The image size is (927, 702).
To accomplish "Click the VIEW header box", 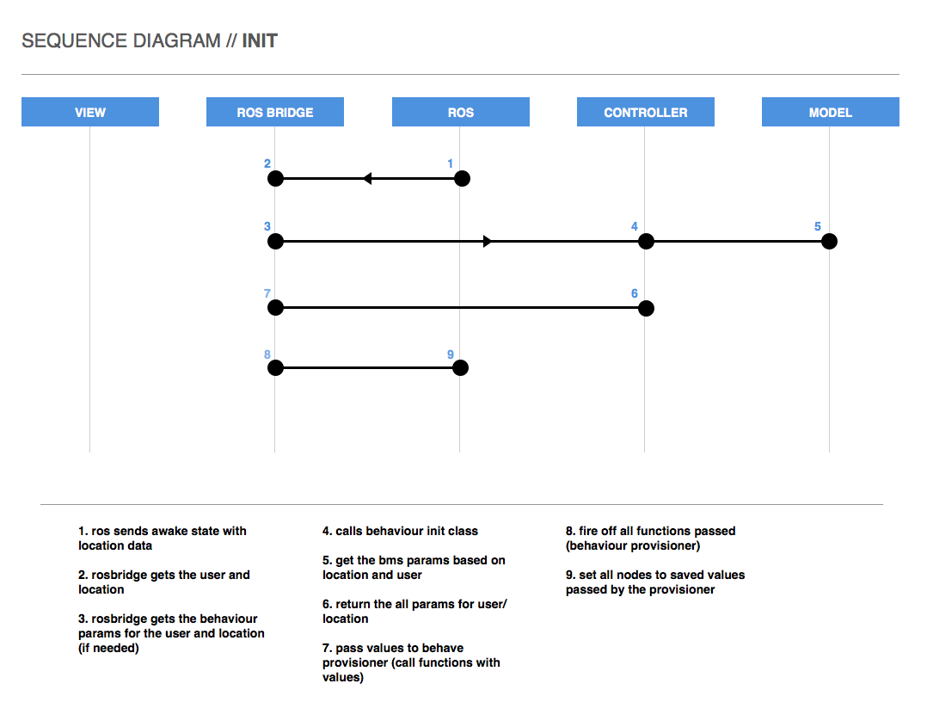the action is (89, 112).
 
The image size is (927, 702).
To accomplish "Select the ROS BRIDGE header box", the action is (275, 112).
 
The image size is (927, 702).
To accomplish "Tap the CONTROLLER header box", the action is (646, 112).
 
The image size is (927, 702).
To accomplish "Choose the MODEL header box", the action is (830, 112).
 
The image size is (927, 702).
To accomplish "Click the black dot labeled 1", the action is (462, 179).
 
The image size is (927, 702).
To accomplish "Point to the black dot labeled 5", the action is (830, 241).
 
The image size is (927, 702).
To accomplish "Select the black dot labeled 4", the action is (646, 241).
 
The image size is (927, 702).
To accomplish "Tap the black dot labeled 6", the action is (646, 308).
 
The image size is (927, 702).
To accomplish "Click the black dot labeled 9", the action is (461, 368).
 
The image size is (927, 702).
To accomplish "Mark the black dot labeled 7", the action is (275, 307).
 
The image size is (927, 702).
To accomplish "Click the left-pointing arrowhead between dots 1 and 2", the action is (367, 179).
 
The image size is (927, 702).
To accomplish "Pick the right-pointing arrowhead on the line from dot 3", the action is (487, 241).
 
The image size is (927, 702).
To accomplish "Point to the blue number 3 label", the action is (267, 226).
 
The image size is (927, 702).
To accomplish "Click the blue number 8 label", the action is (267, 354).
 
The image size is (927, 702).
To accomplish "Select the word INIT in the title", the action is (260, 40).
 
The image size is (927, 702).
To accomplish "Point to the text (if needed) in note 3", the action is (108, 648).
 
